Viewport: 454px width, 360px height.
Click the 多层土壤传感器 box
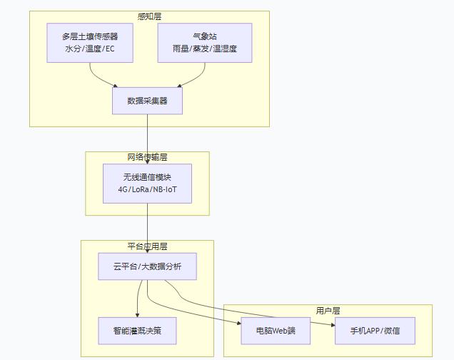pos(90,43)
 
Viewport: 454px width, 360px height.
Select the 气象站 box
pos(204,43)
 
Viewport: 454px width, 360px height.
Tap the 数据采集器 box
pos(147,101)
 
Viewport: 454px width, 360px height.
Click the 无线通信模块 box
pos(147,184)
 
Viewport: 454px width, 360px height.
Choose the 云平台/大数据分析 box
pos(147,266)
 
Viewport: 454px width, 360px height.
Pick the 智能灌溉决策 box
pos(137,331)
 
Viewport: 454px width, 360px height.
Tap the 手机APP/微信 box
pos(375,331)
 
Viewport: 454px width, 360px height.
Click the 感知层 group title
pos(149,16)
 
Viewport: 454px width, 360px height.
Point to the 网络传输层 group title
pos(147,157)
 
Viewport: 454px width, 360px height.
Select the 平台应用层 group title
pos(147,246)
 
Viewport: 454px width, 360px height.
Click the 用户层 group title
pos(328,311)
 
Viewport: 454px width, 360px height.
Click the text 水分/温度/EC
pos(90,49)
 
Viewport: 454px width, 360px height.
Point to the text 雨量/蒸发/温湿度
pos(204,49)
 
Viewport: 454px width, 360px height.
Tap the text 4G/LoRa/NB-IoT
pos(147,190)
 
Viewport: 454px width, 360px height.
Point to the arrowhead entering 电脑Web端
pos(238,323)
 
